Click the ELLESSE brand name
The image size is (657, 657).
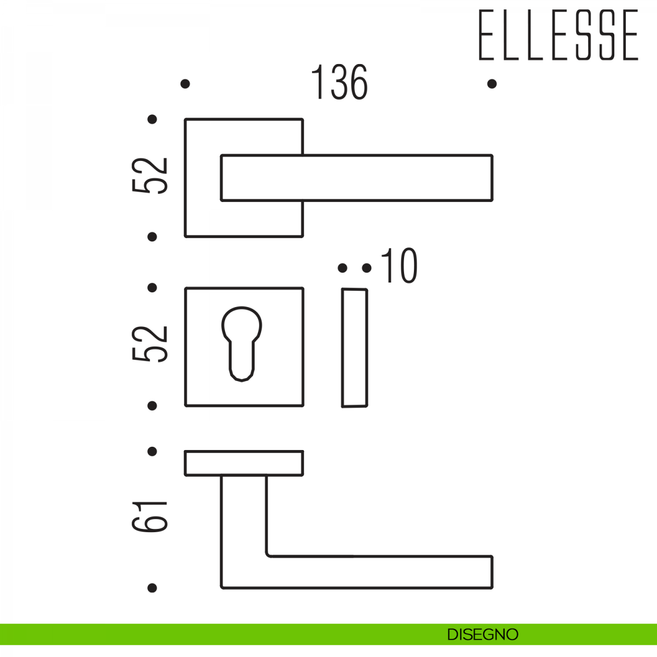[x=558, y=35]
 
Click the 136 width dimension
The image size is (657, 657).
[x=339, y=82]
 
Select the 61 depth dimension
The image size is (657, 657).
[x=149, y=516]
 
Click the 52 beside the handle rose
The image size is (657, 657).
[x=149, y=176]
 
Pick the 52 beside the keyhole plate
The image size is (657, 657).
[x=149, y=344]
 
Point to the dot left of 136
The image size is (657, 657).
[x=185, y=84]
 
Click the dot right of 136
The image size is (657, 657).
[x=492, y=84]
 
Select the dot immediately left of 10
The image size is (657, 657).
[x=366, y=268]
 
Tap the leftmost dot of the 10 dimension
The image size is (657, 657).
[x=342, y=268]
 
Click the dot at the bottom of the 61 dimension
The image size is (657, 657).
[x=152, y=588]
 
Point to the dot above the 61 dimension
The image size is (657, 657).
[x=152, y=451]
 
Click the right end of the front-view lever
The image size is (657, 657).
[x=492, y=177]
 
